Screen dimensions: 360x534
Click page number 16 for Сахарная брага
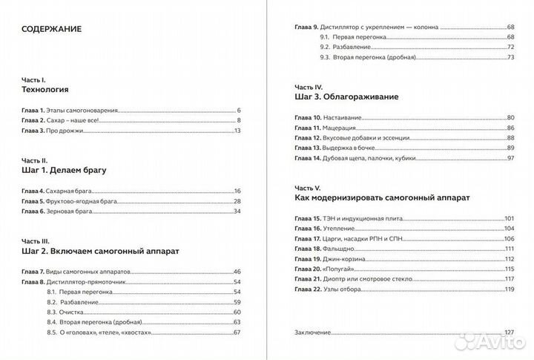[x=238, y=191]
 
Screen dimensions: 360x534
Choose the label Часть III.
[x=35, y=240]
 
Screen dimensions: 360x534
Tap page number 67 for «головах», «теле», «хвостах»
[x=238, y=333]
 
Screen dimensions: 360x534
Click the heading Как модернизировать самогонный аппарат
[x=383, y=198]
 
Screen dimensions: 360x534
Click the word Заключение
[x=312, y=332]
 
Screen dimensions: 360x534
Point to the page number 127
[x=509, y=332]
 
